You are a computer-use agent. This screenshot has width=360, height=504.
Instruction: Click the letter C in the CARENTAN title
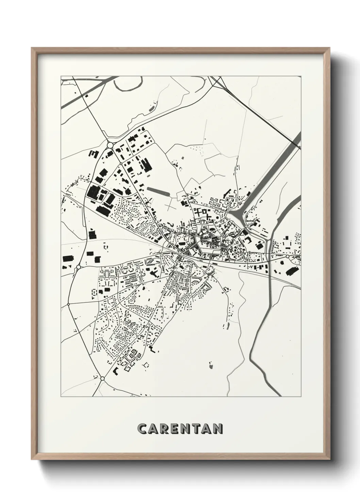pos(142,429)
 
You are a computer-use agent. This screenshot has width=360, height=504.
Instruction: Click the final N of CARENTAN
pos(218,429)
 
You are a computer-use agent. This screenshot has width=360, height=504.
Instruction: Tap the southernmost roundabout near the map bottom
pos(102,378)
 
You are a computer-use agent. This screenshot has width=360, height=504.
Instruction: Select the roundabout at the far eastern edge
pos(288,256)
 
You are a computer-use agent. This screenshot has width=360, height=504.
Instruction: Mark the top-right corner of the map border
pos(301,76)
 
